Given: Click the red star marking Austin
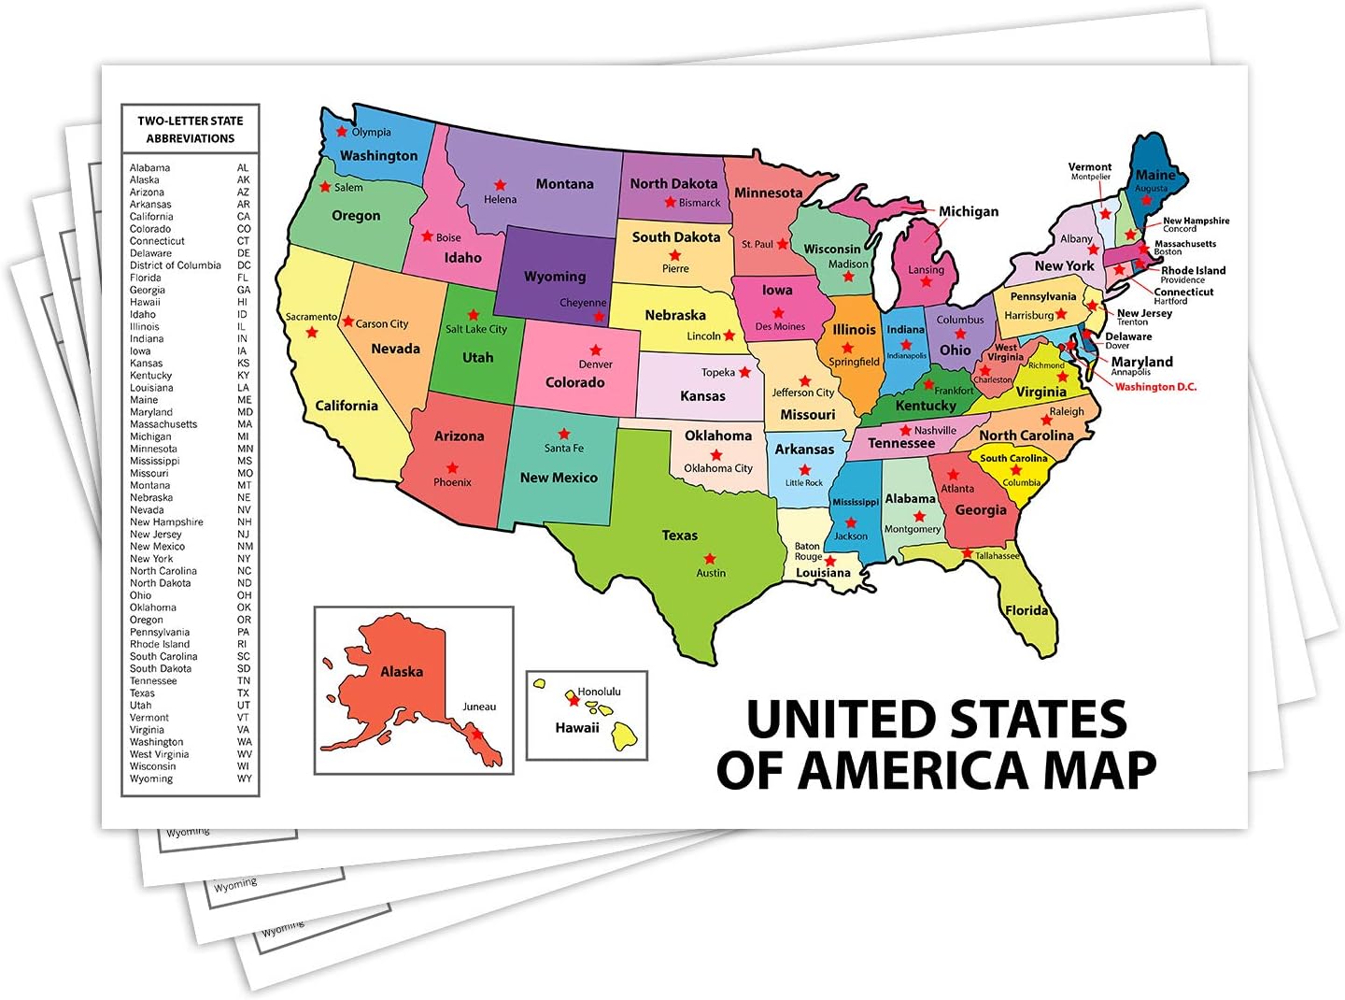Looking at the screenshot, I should (x=710, y=558).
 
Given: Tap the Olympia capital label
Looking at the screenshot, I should (x=371, y=132).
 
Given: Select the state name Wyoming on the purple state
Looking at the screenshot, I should (x=555, y=277).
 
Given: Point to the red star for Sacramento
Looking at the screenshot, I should (x=312, y=333).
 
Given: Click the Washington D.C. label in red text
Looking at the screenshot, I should (x=1155, y=387).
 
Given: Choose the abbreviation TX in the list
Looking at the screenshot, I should (x=243, y=693).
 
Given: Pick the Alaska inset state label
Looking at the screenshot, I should (x=402, y=671).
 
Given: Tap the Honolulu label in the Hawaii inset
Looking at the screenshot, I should (x=599, y=692).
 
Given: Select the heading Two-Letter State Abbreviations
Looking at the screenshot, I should (x=191, y=129).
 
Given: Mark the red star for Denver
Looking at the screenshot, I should (x=595, y=350).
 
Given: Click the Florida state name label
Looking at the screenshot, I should (x=1026, y=610).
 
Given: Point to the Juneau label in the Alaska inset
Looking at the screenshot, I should (x=479, y=707).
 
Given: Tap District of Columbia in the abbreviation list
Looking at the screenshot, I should (x=176, y=265).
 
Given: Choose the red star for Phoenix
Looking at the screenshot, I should (x=452, y=467).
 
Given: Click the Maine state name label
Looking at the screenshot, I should (x=1155, y=175).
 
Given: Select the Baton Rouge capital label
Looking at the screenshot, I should (x=807, y=551).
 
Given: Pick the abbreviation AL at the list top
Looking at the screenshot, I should (x=243, y=168).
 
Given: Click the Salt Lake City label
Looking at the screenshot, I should (x=476, y=329).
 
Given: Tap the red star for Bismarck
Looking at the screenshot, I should (x=670, y=202).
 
